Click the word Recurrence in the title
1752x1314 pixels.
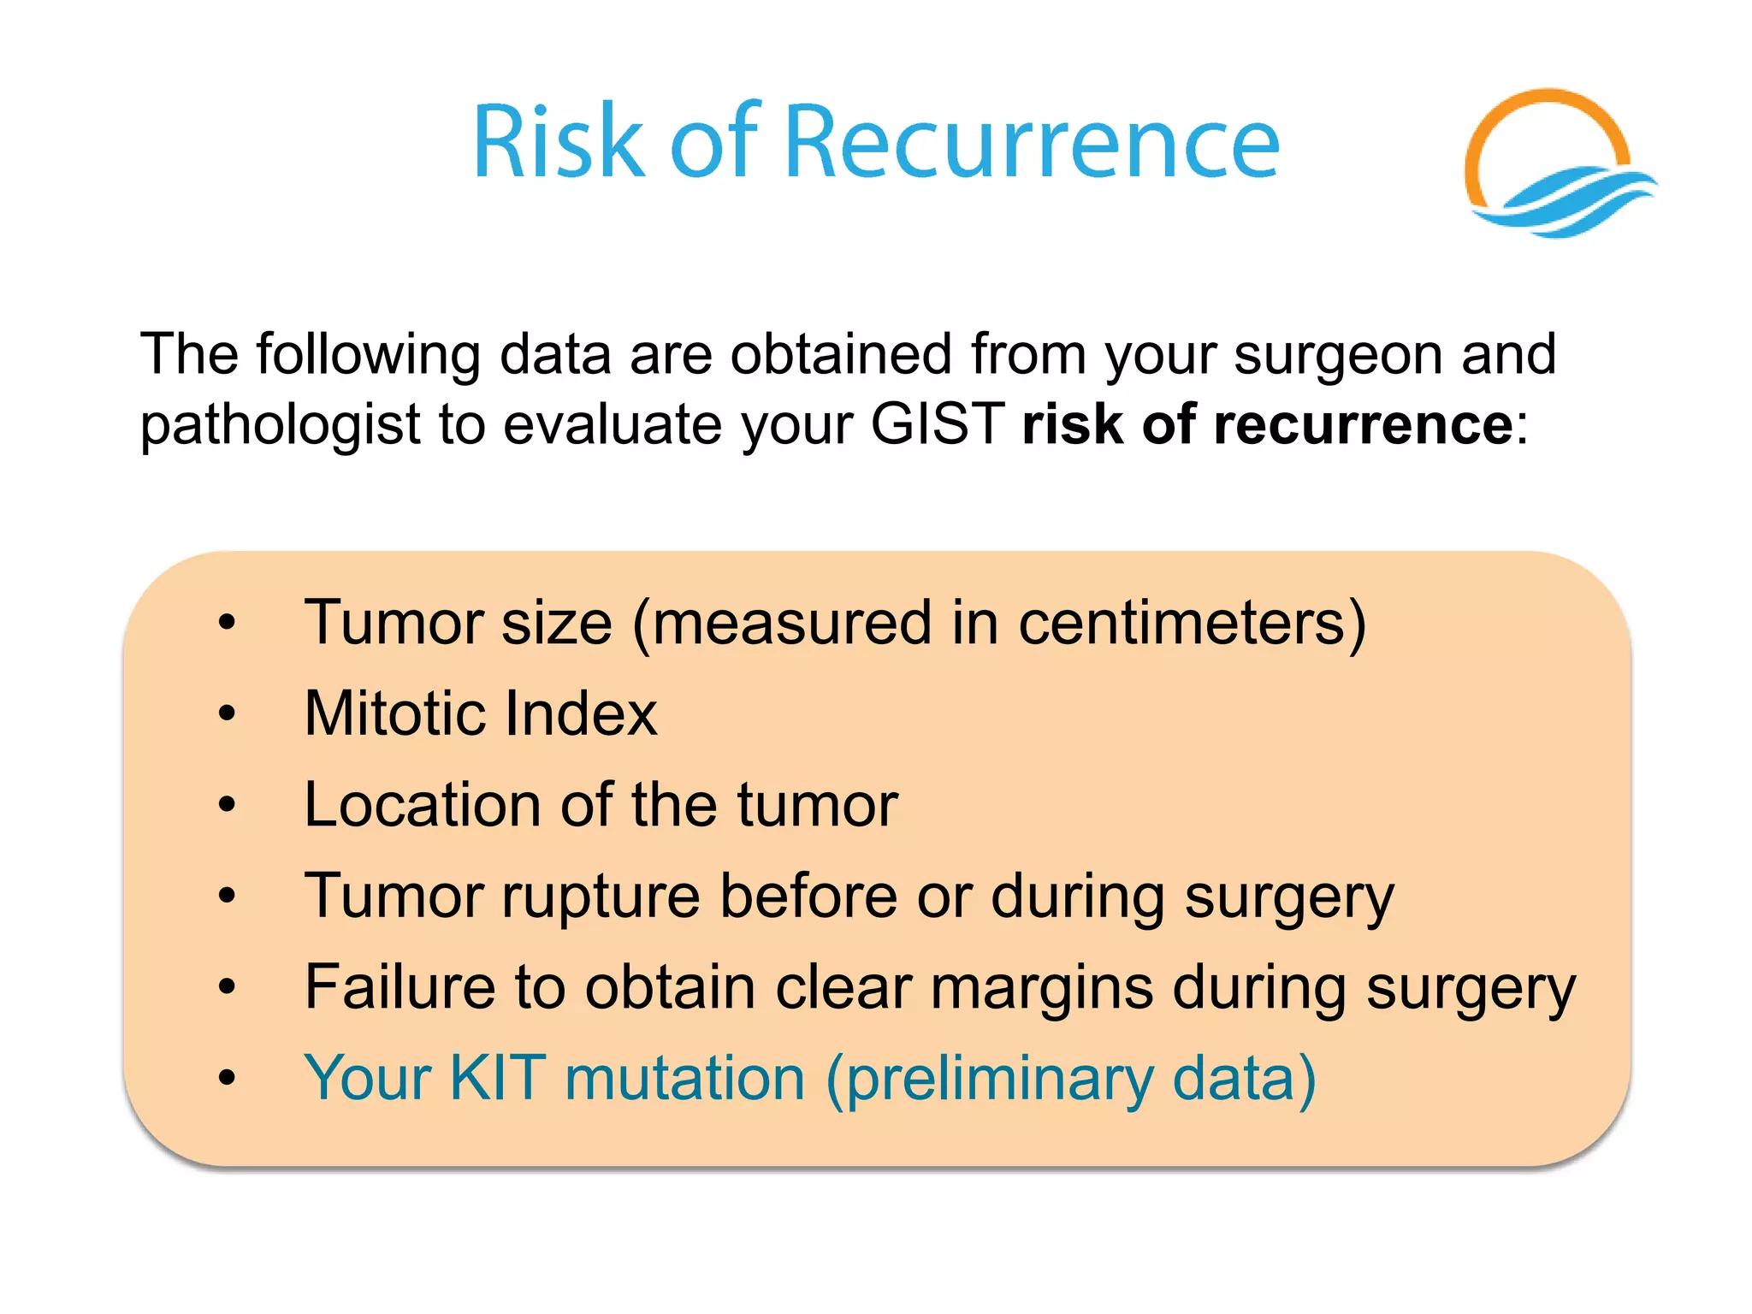pos(1031,142)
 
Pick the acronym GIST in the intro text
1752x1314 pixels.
pos(937,423)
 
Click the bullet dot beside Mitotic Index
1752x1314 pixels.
pos(227,713)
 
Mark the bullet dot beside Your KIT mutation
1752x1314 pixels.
pos(227,1077)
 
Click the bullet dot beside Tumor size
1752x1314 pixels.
pos(227,622)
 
